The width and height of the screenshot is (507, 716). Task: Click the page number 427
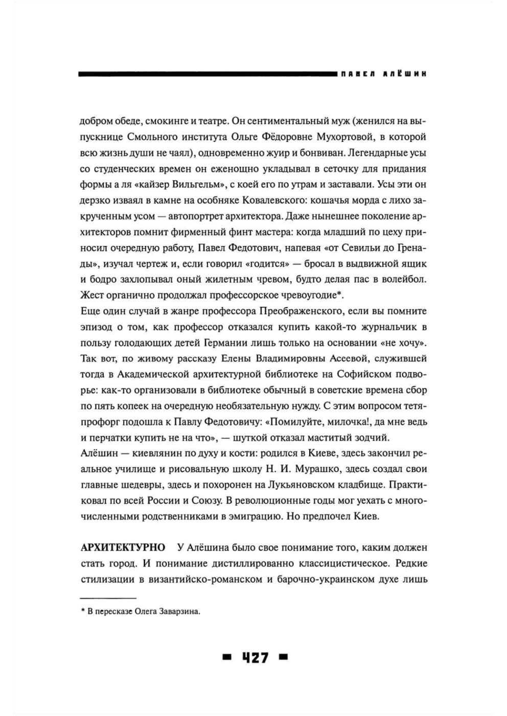click(255, 657)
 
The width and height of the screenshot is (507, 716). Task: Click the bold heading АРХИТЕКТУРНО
click(123, 548)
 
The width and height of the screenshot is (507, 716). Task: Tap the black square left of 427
click(226, 657)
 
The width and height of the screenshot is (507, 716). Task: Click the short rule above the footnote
click(108, 598)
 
